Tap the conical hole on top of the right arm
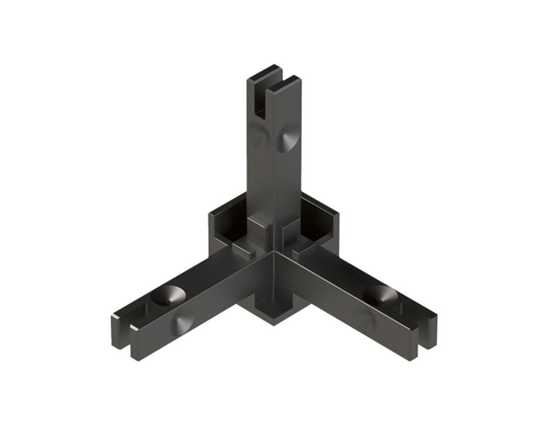click(x=380, y=295)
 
